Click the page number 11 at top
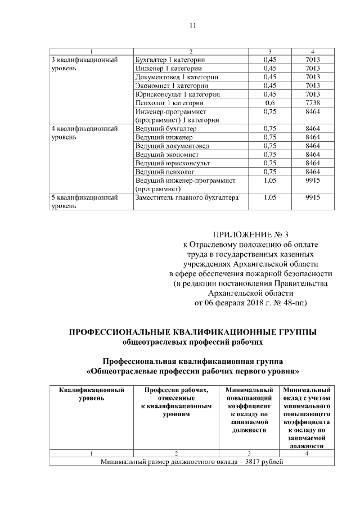point(192,25)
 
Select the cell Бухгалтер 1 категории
point(169,60)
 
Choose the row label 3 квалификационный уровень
point(84,64)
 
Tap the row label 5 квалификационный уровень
point(84,202)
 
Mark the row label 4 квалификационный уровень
point(84,133)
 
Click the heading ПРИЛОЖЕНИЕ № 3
point(251,233)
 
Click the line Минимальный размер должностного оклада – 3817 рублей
point(192,462)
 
